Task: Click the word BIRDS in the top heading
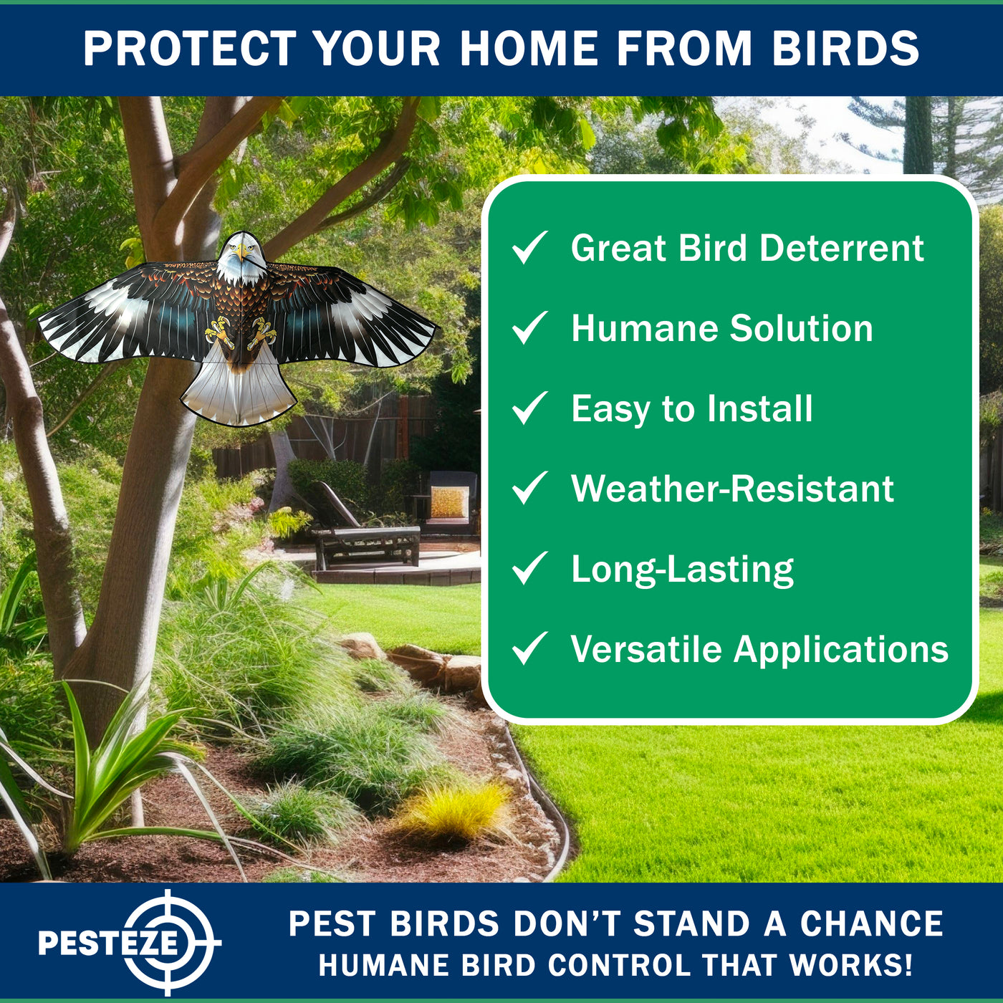click(x=846, y=49)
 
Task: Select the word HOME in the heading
click(x=529, y=49)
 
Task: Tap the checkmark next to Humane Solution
click(x=530, y=327)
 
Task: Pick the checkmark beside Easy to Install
click(x=530, y=408)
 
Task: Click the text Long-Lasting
click(x=682, y=570)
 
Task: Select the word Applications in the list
click(x=841, y=651)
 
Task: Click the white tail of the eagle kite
click(x=239, y=391)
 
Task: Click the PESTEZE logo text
click(x=108, y=943)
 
